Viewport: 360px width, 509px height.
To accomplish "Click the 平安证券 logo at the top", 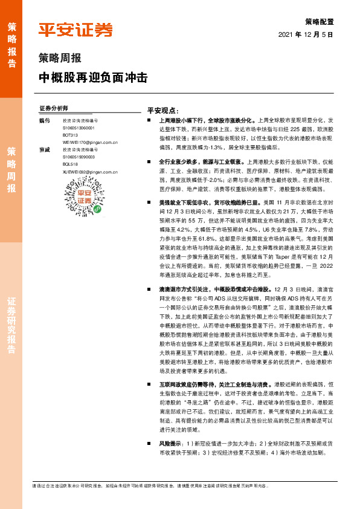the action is [76, 30].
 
